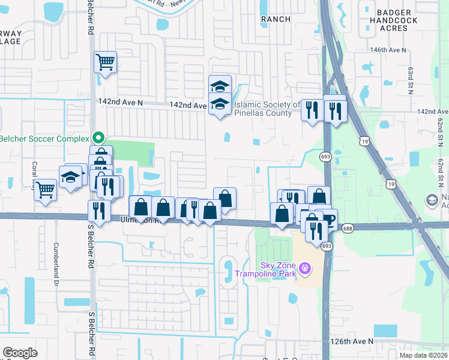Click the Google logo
[20, 353]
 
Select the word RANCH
[276, 19]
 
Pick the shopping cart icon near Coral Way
[46, 189]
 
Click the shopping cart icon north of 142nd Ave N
[105, 61]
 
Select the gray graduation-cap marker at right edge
[432, 200]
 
